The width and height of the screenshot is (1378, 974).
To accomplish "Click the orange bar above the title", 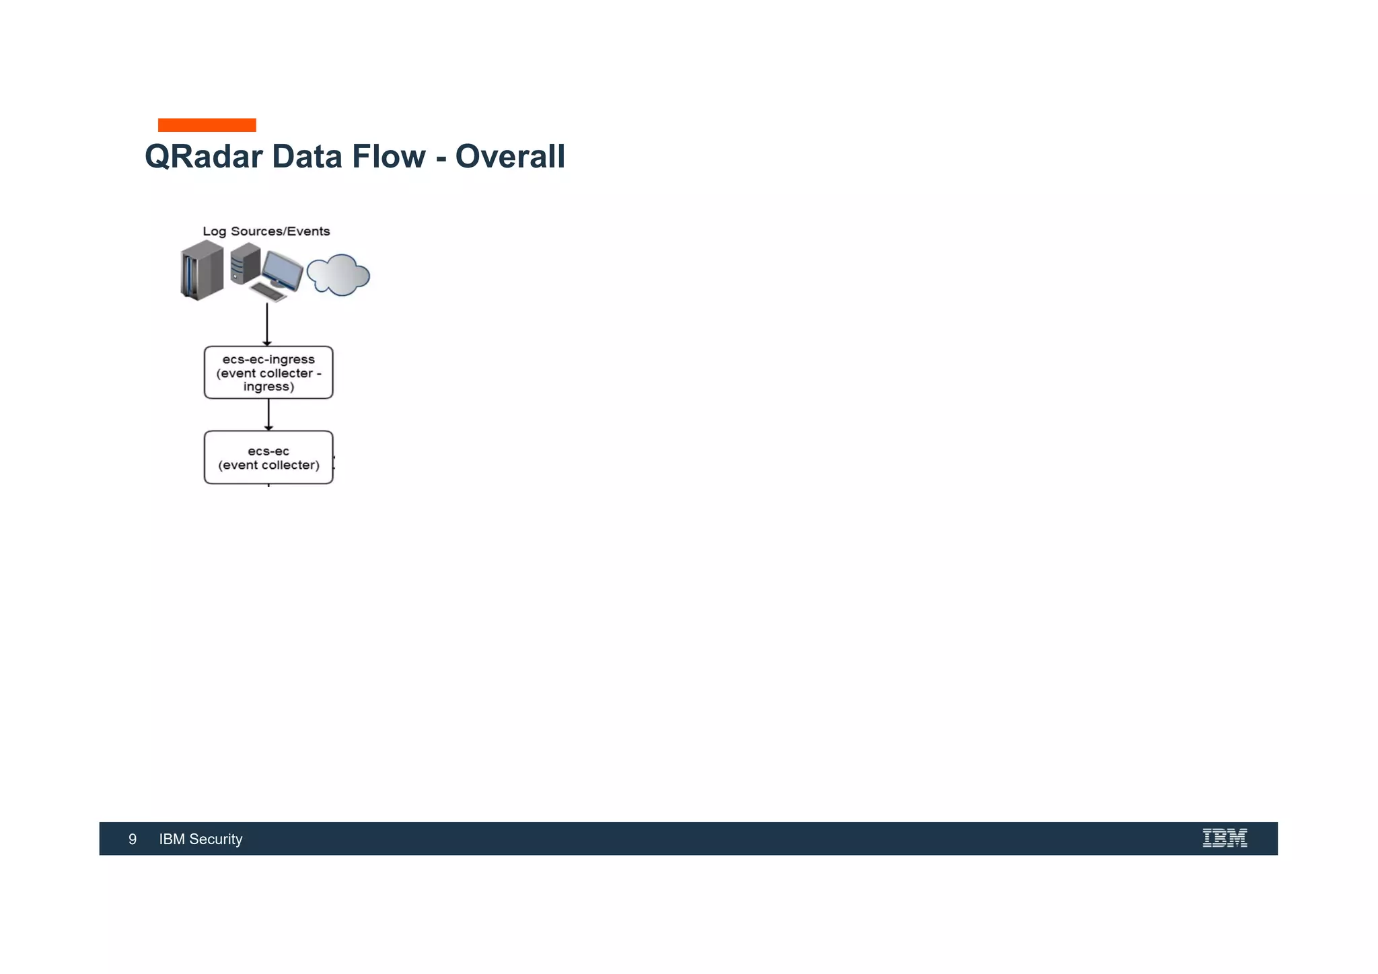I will [207, 125].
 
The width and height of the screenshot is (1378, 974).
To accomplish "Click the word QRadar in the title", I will [203, 157].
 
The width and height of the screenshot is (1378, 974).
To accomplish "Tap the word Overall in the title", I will [510, 157].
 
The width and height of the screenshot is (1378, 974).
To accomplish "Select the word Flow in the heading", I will [388, 157].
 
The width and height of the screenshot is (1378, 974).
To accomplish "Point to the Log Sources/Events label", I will [266, 231].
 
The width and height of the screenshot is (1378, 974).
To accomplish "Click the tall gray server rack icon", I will [202, 270].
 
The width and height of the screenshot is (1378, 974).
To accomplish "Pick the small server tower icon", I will [245, 264].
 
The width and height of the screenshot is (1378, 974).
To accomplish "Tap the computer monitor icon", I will [282, 269].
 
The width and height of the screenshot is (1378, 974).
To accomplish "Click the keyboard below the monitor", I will [268, 291].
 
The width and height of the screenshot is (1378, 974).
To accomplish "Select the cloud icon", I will [338, 275].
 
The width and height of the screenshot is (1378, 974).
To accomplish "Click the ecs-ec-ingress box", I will [268, 373].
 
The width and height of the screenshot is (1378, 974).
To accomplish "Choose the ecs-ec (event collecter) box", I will [268, 457].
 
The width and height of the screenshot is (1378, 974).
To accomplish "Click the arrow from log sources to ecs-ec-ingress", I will [267, 324].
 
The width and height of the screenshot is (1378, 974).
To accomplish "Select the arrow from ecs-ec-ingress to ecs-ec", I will [268, 414].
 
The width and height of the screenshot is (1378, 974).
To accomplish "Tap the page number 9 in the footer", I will [133, 839].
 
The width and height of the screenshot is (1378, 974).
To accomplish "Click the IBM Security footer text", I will [201, 839].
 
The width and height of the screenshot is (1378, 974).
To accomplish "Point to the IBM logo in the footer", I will [1225, 838].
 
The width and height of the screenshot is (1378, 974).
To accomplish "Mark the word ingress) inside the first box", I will [268, 387].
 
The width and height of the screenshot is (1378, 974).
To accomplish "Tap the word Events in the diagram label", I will [308, 231].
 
